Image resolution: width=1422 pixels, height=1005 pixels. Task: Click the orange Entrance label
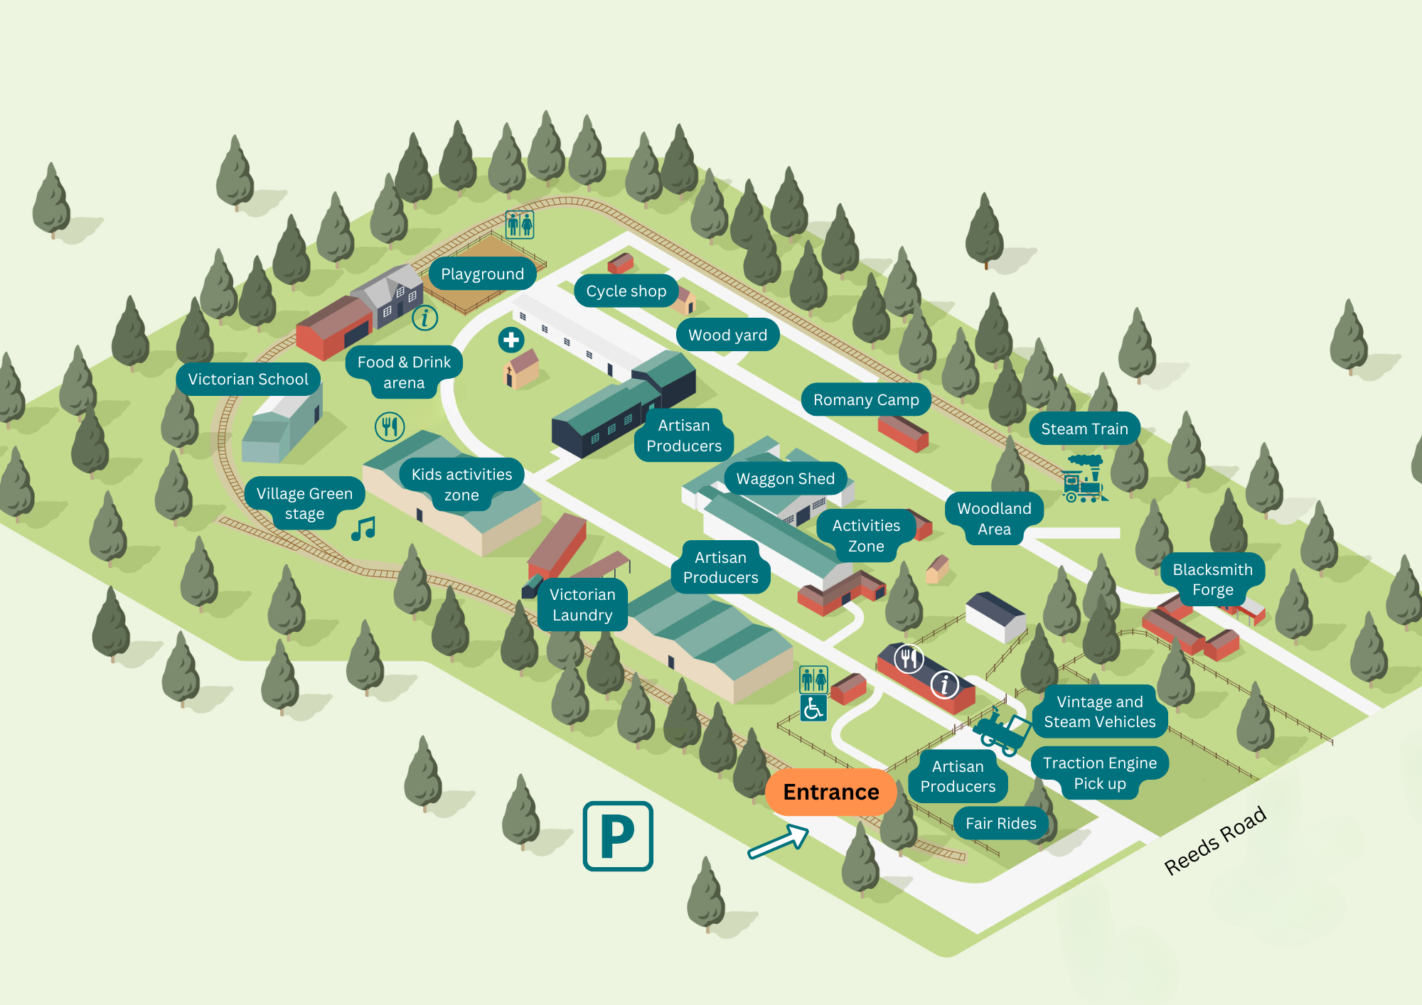tap(830, 792)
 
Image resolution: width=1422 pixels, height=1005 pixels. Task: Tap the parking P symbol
tap(618, 836)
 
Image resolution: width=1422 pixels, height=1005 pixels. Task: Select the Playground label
tap(482, 274)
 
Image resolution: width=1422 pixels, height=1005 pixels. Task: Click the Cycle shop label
tap(626, 291)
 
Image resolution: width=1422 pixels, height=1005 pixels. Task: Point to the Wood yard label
tap(727, 335)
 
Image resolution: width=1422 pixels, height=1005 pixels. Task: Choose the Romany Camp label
tap(866, 400)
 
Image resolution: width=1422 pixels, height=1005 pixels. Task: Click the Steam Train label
tap(1084, 429)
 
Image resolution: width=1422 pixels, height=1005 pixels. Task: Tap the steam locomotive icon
tap(1083, 479)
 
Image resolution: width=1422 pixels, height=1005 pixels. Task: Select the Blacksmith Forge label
tap(1212, 579)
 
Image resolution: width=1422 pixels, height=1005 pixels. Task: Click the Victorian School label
tap(248, 380)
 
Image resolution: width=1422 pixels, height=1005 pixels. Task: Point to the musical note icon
tap(363, 529)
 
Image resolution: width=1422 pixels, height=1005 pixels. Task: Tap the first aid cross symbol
tap(511, 340)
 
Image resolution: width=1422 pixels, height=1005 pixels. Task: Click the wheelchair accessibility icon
tap(813, 708)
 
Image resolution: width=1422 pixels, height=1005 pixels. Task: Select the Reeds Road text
tap(1215, 840)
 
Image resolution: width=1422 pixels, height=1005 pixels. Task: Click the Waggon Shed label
tap(785, 479)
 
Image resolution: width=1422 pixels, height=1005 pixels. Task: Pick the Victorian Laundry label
tap(582, 605)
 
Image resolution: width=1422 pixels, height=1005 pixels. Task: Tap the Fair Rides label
tap(1000, 824)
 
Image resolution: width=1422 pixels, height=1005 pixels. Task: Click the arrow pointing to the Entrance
tap(779, 842)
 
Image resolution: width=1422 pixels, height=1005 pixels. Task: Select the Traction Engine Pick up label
tap(1099, 773)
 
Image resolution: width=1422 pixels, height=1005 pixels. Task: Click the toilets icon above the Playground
tap(520, 225)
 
